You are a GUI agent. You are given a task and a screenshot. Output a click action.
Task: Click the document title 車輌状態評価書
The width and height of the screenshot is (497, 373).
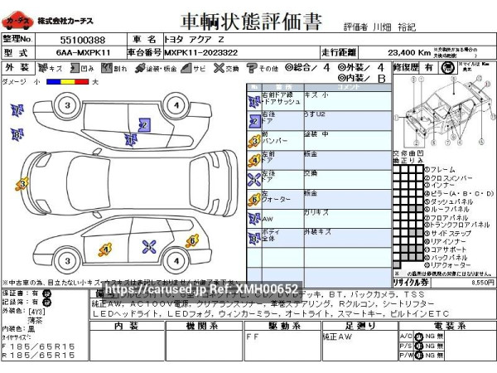(248, 19)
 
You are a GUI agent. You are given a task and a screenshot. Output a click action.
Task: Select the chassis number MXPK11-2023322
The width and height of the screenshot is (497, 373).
(204, 52)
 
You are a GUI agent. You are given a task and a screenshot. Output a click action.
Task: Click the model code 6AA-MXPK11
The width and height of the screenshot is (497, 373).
(82, 52)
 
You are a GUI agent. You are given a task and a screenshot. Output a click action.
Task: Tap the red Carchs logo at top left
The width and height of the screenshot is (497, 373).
(18, 19)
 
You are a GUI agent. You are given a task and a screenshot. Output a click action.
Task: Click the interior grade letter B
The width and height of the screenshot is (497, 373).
(382, 79)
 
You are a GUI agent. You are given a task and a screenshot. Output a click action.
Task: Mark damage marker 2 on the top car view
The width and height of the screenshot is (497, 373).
(143, 124)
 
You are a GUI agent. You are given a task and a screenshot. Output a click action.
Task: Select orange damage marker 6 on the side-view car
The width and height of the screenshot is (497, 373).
(192, 240)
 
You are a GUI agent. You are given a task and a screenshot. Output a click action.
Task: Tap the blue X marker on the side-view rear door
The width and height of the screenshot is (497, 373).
(150, 245)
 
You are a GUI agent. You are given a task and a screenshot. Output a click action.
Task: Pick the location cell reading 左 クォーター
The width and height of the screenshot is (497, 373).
(274, 196)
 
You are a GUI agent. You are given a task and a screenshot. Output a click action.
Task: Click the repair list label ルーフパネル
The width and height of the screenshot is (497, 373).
(448, 211)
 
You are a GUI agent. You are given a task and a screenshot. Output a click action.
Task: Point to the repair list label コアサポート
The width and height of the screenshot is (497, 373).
(448, 248)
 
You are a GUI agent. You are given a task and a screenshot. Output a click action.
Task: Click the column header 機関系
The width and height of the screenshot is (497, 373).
(202, 327)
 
